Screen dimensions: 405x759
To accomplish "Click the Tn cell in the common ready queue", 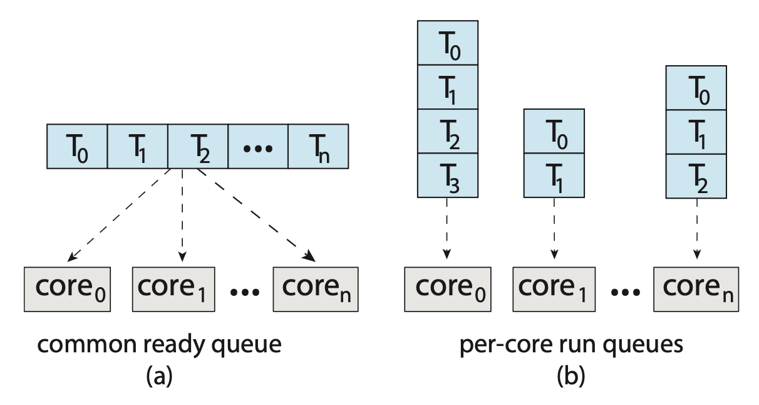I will pos(318,146).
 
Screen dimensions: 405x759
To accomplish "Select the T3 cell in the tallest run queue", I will pos(447,176).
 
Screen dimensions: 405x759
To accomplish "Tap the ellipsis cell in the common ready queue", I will pos(257,146).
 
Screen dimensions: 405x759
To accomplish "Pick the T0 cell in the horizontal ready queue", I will pos(78,146).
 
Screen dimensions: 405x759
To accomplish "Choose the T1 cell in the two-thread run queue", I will pos(554,176).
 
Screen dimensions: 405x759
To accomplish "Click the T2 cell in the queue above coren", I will pos(696,176).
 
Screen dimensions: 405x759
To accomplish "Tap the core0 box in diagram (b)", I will pos(447,288).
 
